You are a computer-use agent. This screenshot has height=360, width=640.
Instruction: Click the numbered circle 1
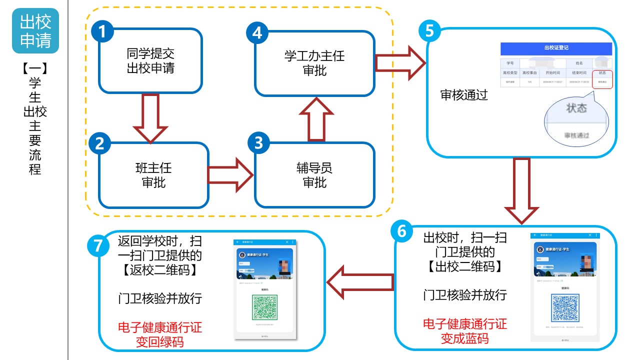(x=102, y=32)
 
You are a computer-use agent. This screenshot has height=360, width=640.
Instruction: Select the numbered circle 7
(x=98, y=246)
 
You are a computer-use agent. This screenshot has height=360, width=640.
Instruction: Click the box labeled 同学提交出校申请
(x=150, y=61)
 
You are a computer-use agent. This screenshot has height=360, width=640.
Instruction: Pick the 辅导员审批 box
(x=314, y=175)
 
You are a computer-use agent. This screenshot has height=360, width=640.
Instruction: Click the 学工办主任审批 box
(x=314, y=63)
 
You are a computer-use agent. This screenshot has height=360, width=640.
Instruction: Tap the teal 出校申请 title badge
(x=35, y=31)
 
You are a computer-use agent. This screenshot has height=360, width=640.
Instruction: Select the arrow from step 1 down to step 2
(x=150, y=118)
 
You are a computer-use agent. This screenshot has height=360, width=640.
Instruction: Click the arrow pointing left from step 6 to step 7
(x=360, y=282)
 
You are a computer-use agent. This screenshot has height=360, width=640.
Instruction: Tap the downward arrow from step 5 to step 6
(x=521, y=190)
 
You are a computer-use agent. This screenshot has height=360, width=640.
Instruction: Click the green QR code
(x=265, y=306)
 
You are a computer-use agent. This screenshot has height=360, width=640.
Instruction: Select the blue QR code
(x=565, y=307)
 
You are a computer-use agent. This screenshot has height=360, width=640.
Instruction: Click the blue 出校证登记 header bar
(x=556, y=48)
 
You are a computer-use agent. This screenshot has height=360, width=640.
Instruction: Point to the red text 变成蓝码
(x=464, y=338)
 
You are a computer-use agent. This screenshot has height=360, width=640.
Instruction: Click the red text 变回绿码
(x=159, y=342)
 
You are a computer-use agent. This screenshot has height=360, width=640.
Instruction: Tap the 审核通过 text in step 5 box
(x=463, y=95)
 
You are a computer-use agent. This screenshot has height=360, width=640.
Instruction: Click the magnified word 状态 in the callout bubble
(x=576, y=108)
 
